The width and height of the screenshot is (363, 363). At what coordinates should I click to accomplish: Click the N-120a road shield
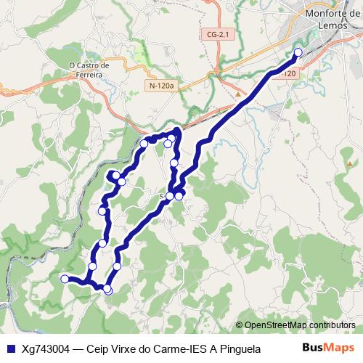click(x=160, y=86)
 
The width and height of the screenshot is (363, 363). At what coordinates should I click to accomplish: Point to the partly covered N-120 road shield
click(x=288, y=74)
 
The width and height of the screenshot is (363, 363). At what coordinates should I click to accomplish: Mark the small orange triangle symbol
click(x=237, y=93)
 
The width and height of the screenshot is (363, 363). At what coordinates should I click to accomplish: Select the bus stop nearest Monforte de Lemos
click(x=298, y=52)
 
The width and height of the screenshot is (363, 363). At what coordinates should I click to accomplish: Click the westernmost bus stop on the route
click(x=65, y=279)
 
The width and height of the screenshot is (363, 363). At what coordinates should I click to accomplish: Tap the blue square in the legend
click(x=9, y=348)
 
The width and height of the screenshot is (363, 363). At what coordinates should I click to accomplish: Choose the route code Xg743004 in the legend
click(x=46, y=348)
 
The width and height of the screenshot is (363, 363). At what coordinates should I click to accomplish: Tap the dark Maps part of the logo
click(x=339, y=348)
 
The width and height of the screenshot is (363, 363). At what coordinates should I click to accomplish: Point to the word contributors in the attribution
click(x=333, y=325)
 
